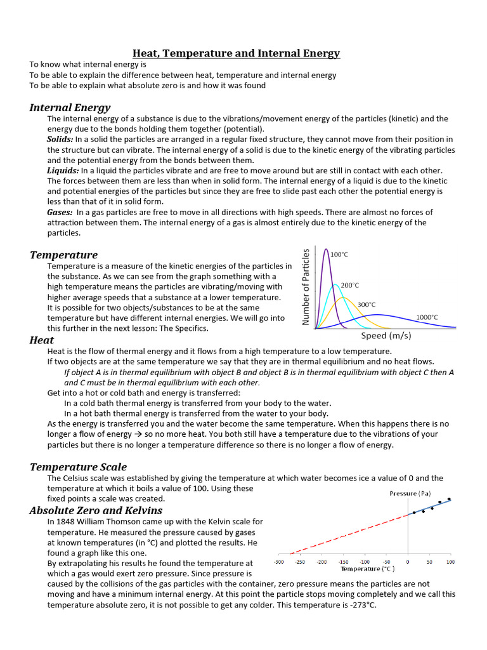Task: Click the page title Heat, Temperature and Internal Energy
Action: (236, 53)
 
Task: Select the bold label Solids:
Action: (60, 139)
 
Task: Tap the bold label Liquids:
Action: (63, 170)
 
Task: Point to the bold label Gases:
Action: (60, 212)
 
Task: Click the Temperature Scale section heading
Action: (78, 467)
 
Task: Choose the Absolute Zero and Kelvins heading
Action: (96, 510)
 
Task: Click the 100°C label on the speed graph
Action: (339, 254)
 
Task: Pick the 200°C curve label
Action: (350, 285)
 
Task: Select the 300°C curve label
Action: (367, 305)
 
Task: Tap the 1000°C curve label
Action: (427, 317)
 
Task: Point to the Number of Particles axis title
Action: (306, 287)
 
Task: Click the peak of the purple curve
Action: (326, 249)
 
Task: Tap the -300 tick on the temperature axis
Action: (278, 562)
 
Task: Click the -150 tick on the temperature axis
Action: (343, 562)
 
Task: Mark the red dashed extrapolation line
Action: (346, 534)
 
